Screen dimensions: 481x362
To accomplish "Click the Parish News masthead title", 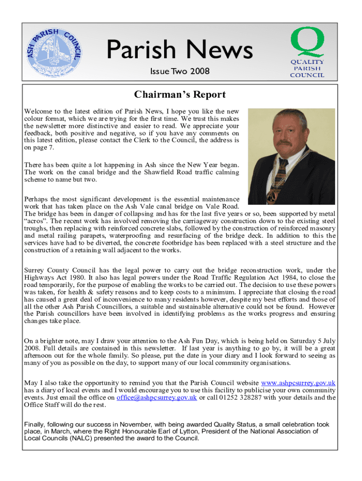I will pyautogui.click(x=180, y=50).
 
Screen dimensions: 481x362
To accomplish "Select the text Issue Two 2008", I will pyautogui.click(x=180, y=71).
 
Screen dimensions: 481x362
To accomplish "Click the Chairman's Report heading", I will pyautogui.click(x=180, y=95).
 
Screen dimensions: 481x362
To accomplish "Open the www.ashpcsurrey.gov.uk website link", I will pyautogui.click(x=298, y=383).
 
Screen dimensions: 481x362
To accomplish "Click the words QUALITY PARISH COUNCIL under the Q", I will pyautogui.click(x=307, y=69).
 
